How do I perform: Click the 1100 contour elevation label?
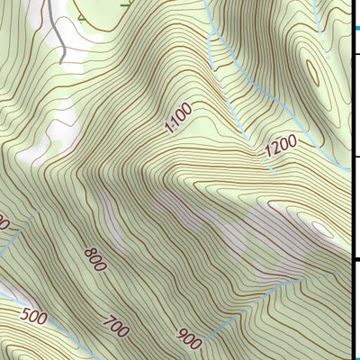tap(178, 119)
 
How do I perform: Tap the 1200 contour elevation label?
tap(280, 149)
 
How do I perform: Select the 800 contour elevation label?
tap(95, 258)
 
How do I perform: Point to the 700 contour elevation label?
tap(116, 326)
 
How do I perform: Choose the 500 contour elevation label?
tap(34, 316)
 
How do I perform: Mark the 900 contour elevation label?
tap(189, 339)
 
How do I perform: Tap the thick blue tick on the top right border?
tap(355, 31)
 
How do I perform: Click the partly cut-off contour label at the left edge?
tap(4, 221)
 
